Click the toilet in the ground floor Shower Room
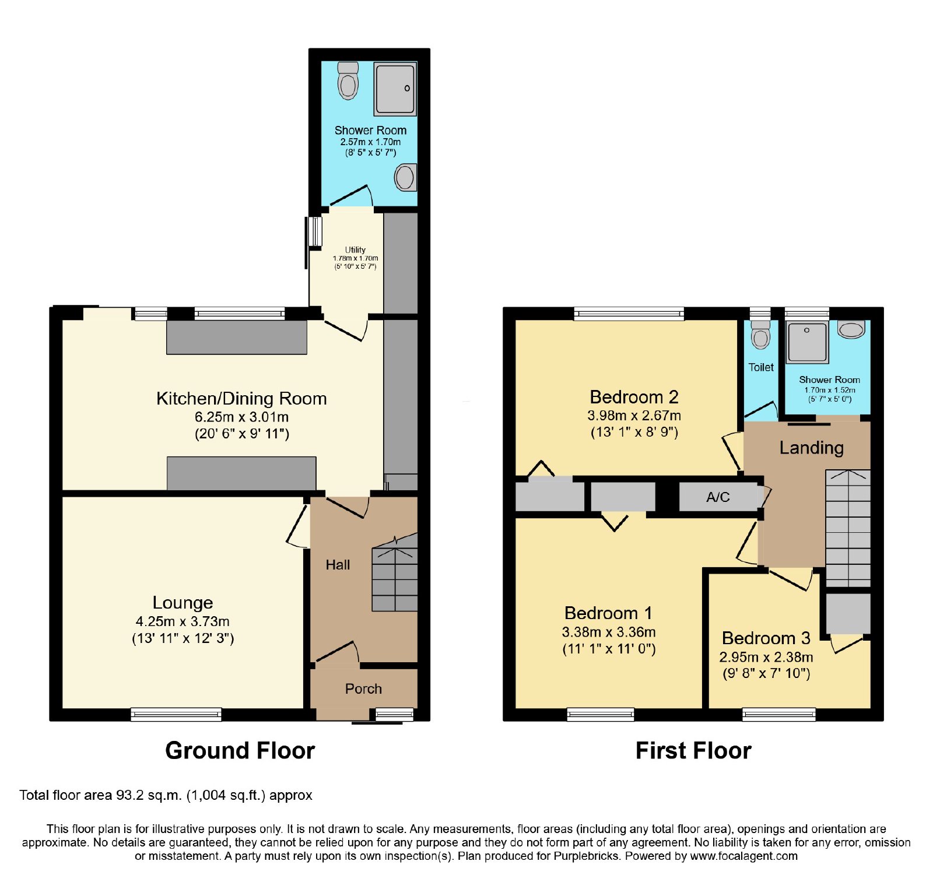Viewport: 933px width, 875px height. click(348, 80)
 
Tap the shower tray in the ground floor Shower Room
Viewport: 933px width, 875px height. click(395, 89)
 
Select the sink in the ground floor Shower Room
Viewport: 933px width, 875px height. click(406, 177)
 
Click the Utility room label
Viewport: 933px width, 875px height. click(355, 250)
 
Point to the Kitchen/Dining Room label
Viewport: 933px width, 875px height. click(241, 398)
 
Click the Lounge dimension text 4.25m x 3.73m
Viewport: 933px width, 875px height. click(183, 621)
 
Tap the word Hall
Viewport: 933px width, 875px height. click(338, 564)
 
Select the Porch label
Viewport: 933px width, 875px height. click(363, 688)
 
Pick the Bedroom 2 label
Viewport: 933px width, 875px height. click(634, 397)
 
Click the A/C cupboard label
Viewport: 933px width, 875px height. click(718, 497)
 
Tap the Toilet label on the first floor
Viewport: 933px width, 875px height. click(761, 367)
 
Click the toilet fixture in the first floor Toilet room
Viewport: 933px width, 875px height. click(760, 334)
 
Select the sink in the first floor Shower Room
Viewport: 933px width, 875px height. click(851, 329)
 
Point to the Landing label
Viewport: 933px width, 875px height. click(811, 448)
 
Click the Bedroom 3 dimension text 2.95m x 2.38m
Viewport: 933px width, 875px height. click(766, 657)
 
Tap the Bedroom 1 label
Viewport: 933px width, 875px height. click(608, 613)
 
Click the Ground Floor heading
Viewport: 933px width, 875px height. click(240, 750)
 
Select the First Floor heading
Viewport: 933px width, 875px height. click(693, 750)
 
